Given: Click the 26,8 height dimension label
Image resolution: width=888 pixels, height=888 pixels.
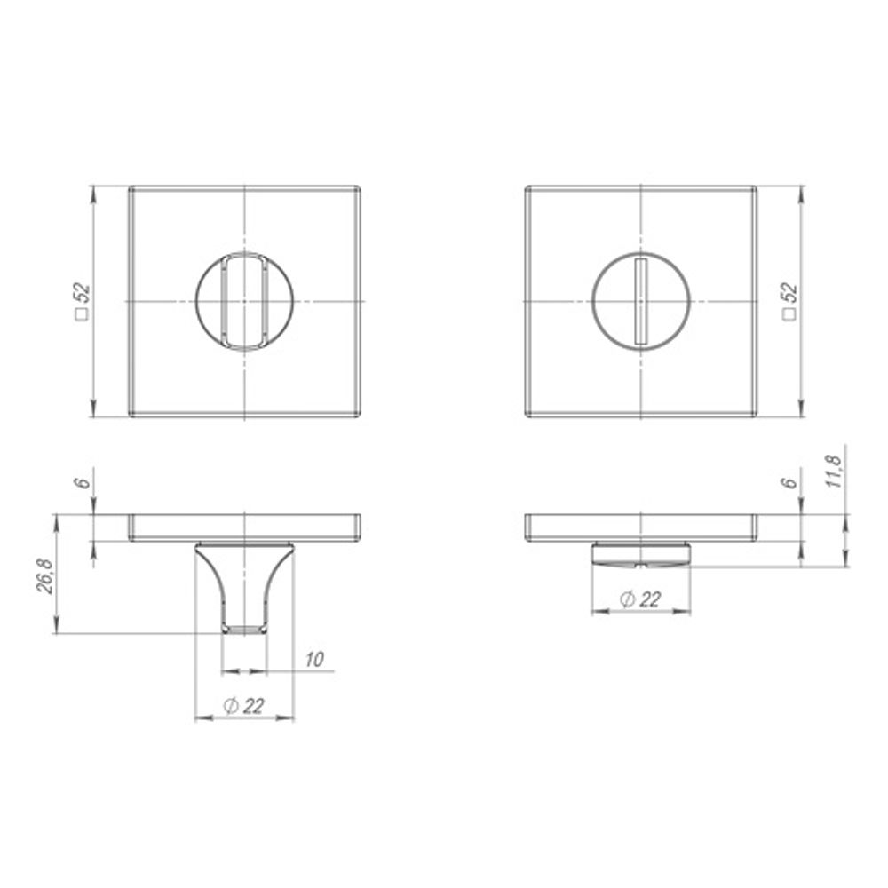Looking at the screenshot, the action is pyautogui.click(x=44, y=576).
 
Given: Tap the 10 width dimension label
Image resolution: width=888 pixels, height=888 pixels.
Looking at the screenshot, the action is pyautogui.click(x=313, y=659).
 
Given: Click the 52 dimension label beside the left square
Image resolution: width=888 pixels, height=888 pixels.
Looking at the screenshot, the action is pyautogui.click(x=83, y=295).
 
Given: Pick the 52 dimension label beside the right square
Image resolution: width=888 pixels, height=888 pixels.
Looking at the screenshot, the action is pyautogui.click(x=789, y=295).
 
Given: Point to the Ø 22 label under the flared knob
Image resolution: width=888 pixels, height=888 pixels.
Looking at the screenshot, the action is pyautogui.click(x=244, y=706).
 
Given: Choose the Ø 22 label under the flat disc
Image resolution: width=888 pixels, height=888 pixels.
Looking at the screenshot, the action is pyautogui.click(x=640, y=599).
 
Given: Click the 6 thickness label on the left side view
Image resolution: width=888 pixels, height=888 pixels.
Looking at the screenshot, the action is pyautogui.click(x=83, y=482).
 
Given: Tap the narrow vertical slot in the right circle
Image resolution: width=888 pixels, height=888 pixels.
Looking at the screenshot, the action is pyautogui.click(x=640, y=301).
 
